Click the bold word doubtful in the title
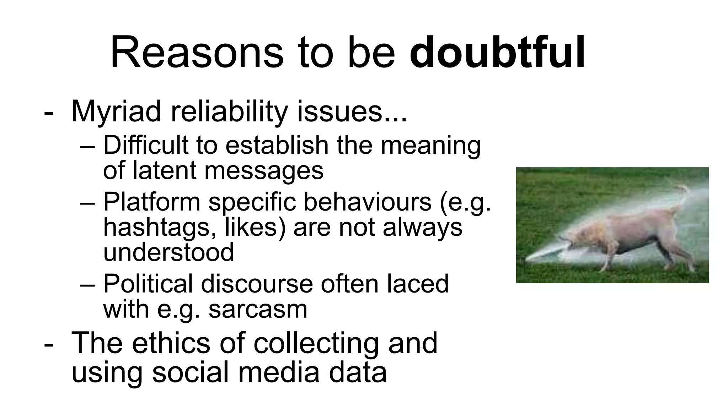497,53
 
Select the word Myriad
116,111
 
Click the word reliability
229,111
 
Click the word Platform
152,202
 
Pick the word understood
168,252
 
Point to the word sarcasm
258,309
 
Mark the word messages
264,170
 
